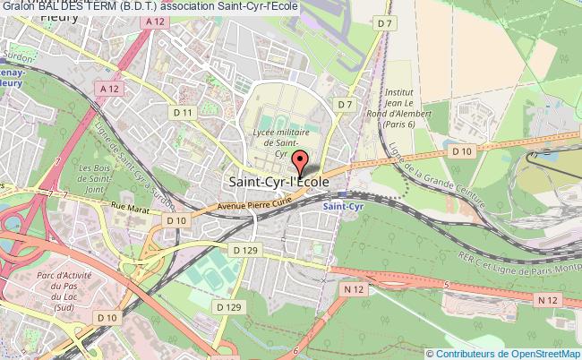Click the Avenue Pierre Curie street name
pos(253,204)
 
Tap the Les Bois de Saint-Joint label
pos(95,178)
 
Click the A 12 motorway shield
pos(110,88)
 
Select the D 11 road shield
pos(184,112)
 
